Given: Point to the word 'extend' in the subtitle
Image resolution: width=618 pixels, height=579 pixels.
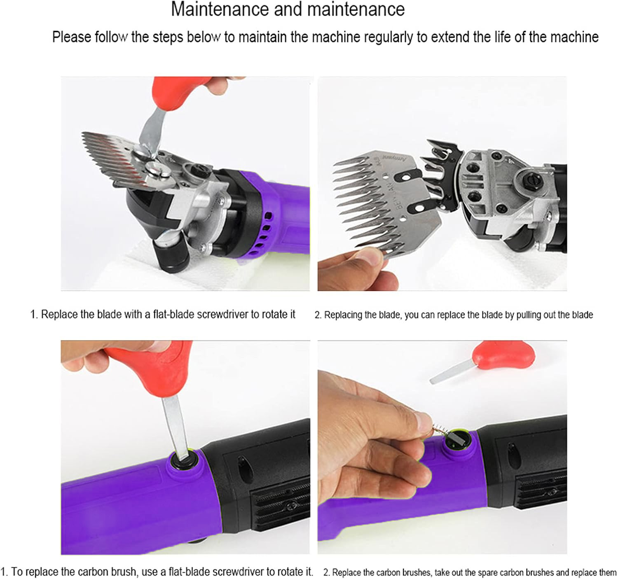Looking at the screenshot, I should point(449,37).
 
